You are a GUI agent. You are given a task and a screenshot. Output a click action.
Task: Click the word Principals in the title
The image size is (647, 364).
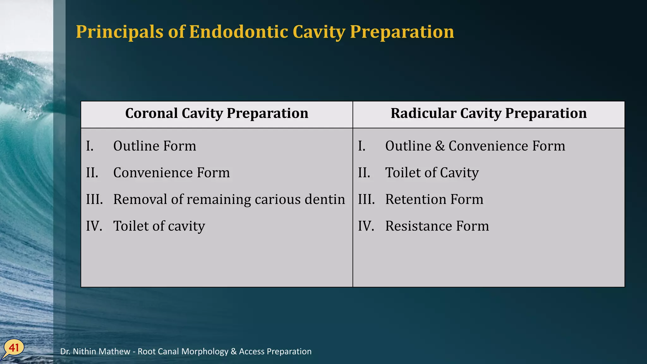click(x=120, y=32)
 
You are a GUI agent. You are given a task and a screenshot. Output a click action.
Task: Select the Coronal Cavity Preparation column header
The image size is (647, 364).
click(x=217, y=113)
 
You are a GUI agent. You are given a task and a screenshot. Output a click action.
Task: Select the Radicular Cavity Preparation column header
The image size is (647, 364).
click(x=488, y=113)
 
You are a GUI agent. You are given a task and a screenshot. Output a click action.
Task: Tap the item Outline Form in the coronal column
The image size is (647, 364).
click(x=154, y=146)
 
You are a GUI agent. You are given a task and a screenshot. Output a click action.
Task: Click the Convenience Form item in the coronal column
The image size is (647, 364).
click(x=171, y=173)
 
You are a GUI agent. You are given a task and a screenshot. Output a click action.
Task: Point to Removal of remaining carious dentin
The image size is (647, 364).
click(x=229, y=200)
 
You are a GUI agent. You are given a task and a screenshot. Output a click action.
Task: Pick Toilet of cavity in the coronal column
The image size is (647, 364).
click(x=159, y=226)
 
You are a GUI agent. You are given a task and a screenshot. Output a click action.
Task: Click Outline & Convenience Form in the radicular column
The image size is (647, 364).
click(x=475, y=146)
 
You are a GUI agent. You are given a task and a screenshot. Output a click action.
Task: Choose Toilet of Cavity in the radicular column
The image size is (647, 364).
click(x=432, y=173)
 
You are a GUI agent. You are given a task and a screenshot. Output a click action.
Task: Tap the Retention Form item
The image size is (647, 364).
click(x=434, y=200)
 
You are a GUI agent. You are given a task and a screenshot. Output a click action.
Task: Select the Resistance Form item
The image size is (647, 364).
click(x=437, y=226)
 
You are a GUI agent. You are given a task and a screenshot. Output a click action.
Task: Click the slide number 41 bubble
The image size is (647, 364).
click(x=14, y=348)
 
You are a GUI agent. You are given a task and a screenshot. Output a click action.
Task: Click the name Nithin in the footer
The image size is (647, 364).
click(x=86, y=351)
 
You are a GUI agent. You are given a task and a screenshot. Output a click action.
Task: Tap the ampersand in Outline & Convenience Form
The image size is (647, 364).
click(x=440, y=146)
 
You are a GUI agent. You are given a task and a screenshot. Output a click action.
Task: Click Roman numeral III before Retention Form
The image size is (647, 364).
click(x=366, y=200)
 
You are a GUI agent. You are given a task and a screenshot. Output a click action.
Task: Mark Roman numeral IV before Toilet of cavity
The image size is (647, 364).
click(x=94, y=226)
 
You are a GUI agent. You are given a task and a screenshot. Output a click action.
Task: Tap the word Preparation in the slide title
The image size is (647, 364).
click(x=402, y=32)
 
